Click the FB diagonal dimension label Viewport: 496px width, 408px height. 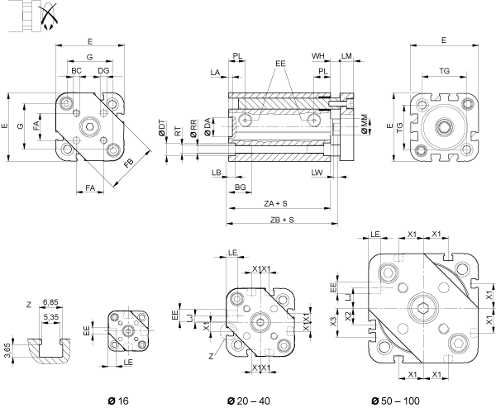point(130,164)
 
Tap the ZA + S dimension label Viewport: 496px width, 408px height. point(275,203)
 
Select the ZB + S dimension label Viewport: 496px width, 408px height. point(282,220)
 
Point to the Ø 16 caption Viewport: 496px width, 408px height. point(118,401)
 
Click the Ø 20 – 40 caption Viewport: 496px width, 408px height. point(249,401)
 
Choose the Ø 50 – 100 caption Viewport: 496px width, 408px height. point(395,401)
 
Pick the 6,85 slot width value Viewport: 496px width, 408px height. point(50,302)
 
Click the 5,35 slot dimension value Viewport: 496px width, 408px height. point(50,316)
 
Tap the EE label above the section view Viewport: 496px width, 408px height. point(280,64)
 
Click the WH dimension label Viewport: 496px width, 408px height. point(318,56)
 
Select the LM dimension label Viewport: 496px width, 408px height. point(346,56)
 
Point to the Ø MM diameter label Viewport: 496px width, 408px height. point(365,124)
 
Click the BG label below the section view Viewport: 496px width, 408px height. point(240,187)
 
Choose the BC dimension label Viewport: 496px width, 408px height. point(76,70)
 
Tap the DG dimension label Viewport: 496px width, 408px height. point(103,70)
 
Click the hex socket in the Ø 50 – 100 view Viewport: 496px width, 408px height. point(423,308)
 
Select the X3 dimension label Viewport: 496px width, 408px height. point(333,322)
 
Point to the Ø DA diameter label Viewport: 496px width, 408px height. point(207,127)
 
